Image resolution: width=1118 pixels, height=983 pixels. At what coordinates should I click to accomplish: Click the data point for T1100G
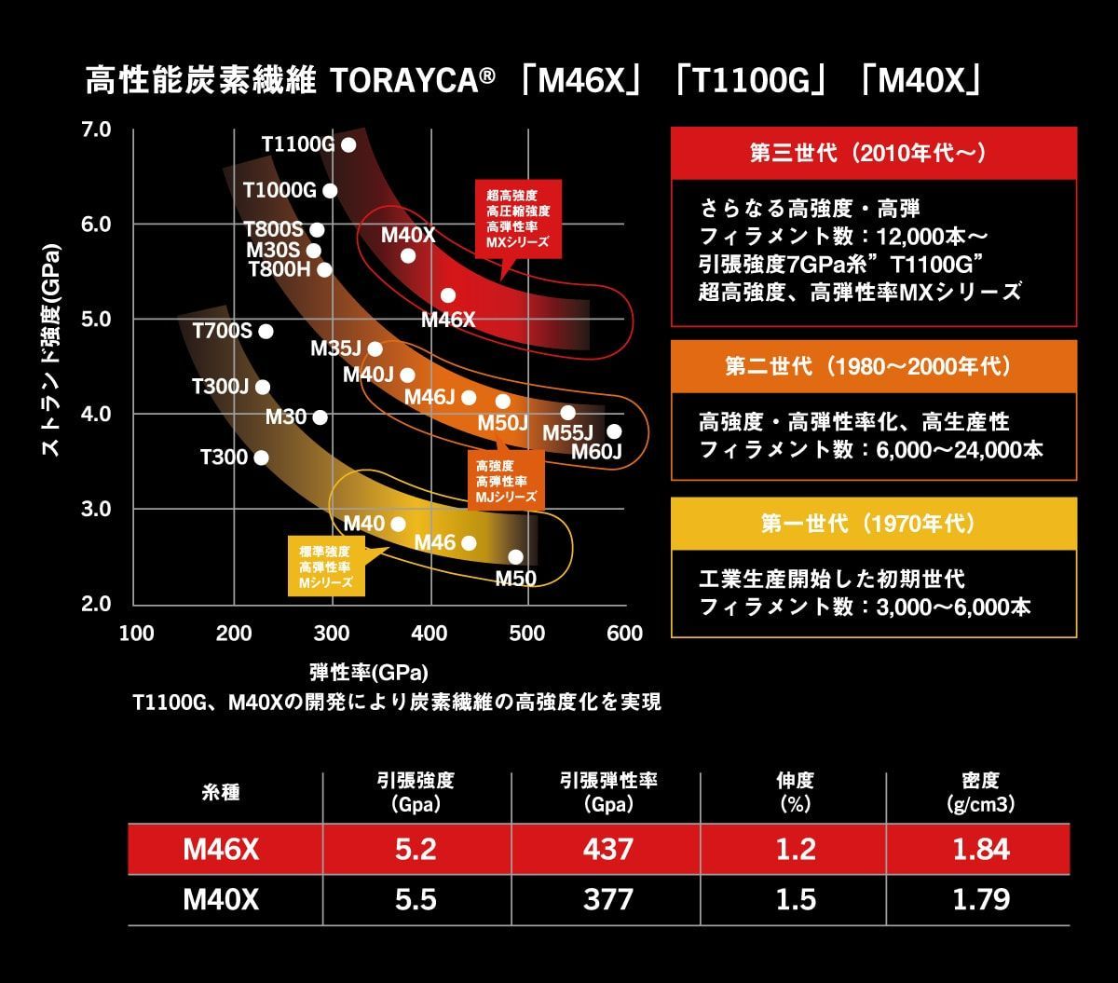[348, 144]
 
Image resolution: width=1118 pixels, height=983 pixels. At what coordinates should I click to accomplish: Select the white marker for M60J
[613, 431]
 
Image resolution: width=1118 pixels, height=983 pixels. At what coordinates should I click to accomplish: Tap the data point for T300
[261, 457]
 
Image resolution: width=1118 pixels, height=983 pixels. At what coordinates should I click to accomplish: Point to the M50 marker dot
[515, 557]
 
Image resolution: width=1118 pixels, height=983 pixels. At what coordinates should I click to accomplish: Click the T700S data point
[266, 331]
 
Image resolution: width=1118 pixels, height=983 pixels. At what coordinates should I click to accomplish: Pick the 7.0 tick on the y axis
[96, 129]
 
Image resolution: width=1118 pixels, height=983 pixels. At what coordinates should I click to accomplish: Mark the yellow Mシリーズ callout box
[325, 567]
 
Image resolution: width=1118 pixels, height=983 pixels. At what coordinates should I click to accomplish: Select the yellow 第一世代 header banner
[873, 523]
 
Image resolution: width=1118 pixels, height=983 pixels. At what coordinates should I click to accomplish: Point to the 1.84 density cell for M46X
[980, 849]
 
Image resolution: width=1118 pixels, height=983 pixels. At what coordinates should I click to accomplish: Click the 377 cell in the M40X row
[607, 899]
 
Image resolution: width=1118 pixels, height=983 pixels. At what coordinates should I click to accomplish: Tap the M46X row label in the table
[221, 849]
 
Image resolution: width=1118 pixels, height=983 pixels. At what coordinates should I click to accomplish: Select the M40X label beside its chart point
[408, 235]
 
